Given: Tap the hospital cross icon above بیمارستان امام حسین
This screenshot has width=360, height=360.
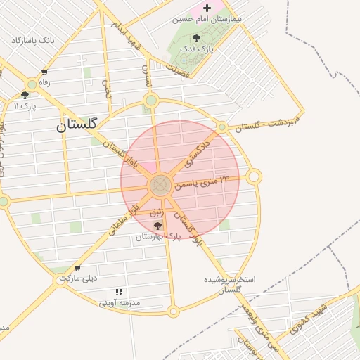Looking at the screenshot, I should point(206,8).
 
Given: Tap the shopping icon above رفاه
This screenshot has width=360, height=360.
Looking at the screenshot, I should point(45,72).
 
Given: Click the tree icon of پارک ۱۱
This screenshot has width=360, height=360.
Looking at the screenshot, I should point(25,95).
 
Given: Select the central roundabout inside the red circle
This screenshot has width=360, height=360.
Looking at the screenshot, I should point(160,186).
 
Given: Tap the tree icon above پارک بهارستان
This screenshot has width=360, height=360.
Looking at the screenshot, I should point(157,226).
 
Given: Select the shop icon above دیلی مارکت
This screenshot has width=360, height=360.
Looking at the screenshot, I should point(77,267).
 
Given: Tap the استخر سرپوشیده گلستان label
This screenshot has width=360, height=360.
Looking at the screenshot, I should point(229,284).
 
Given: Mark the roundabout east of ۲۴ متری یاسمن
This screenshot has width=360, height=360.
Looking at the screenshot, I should point(254,176).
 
